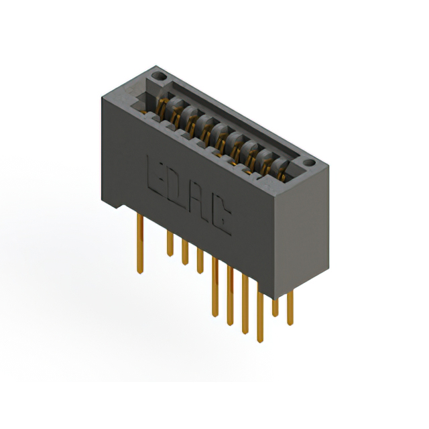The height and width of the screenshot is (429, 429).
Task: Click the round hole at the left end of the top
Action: coord(160,79)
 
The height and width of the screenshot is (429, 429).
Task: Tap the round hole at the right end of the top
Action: coord(308,163)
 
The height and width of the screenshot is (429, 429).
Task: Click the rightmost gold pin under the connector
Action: coord(290,308)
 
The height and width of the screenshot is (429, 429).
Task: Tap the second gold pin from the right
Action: coord(275,304)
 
